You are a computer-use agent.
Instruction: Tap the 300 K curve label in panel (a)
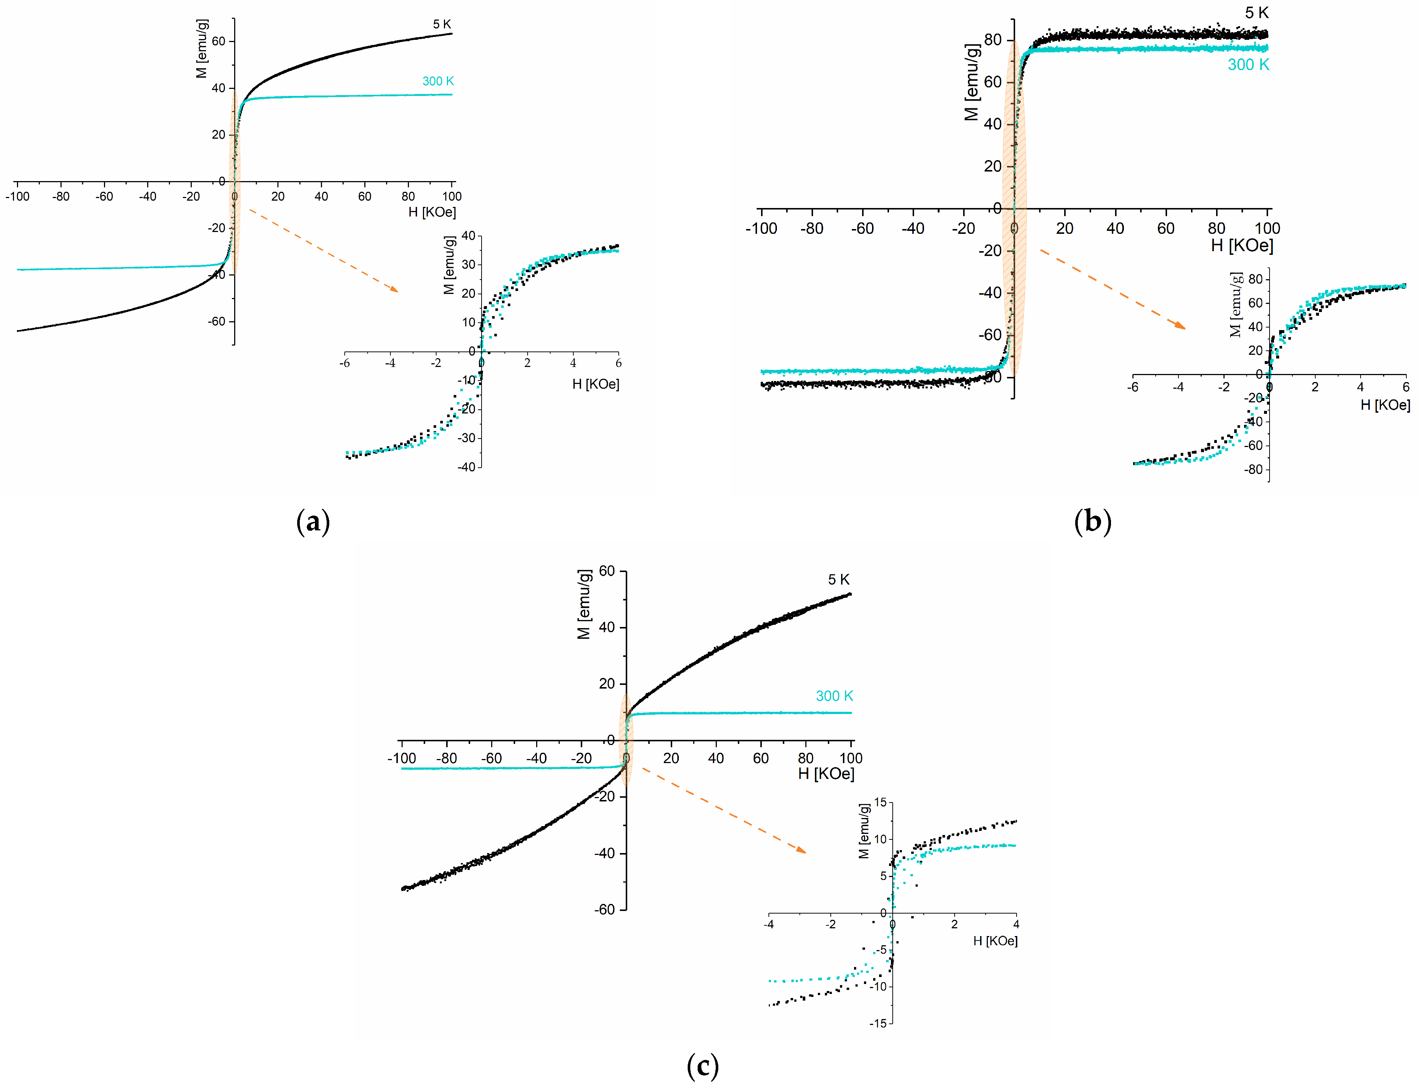coord(438,81)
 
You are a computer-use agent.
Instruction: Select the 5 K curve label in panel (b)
coord(1256,13)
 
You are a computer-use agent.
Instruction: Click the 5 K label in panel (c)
coord(839,580)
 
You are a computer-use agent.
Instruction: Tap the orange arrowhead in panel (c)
coord(802,850)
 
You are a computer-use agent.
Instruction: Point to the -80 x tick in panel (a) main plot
coord(61,196)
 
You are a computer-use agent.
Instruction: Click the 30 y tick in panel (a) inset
coord(468,264)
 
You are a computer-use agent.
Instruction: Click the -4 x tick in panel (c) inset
coord(768,924)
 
